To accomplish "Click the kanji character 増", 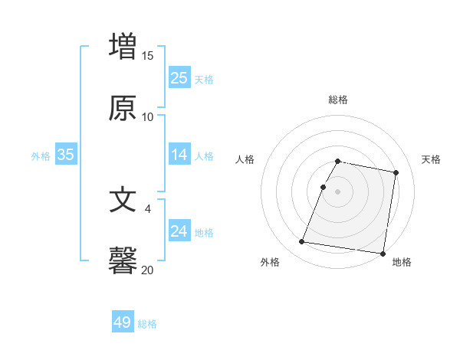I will pos(123,45).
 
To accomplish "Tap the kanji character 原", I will pos(123,108).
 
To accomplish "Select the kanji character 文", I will pos(123,199).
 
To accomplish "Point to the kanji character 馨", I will pos(123,260).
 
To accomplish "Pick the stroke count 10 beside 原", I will pos(148,117).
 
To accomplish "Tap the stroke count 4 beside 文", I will pos(148,208).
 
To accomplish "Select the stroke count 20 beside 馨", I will pos(148,270).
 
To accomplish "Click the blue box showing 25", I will pos(179,78).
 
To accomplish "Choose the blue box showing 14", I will pos(179,155).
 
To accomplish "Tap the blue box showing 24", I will pos(179,231).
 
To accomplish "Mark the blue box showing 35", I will pos(66,155).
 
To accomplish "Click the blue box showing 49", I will pos(123,322).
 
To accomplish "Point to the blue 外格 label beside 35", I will pos(41,156).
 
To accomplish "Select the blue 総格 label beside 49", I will pos(147,324).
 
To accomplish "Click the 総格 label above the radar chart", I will pos(338,100).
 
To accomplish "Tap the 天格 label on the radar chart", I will pos(431,159).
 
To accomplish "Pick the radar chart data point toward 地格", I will pos(382,253).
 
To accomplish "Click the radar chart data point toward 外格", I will pos(302,242).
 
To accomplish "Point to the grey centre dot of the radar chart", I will pos(338,191).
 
